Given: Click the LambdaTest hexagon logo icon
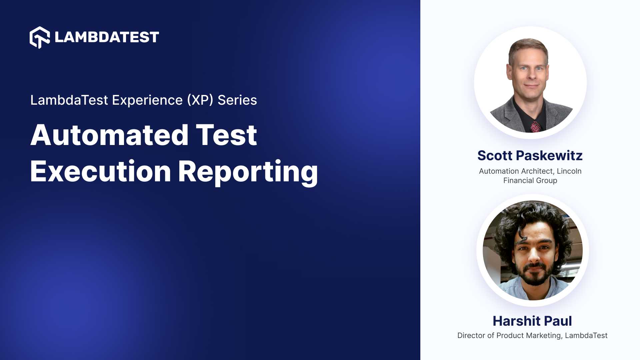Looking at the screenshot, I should pos(40,37).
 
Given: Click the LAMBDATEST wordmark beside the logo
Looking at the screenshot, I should pos(107,37).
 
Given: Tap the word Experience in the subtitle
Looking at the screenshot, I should pos(147,100).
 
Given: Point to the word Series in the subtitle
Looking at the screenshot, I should pos(237,100).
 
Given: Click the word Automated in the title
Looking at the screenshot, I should pos(110,135).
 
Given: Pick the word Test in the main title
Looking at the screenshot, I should pos(226,135).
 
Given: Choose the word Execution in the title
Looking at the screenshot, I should pos(100,172).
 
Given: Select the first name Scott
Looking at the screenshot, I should pos(495,156).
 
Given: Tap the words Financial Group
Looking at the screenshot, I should pos(530,180).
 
